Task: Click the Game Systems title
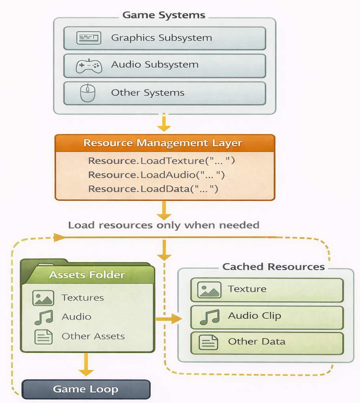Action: (164, 15)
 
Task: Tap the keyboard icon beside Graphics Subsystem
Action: (89, 38)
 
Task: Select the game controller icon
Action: (89, 66)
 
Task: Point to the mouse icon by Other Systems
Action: (88, 93)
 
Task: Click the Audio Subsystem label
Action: (155, 64)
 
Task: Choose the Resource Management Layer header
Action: (163, 143)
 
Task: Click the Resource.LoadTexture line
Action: (161, 161)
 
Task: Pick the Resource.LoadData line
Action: (153, 189)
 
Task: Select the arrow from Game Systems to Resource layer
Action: (164, 122)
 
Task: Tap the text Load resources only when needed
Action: (164, 225)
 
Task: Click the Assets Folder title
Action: (87, 275)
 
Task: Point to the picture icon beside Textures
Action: (43, 298)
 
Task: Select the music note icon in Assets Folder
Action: (44, 317)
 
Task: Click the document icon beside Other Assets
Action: (44, 337)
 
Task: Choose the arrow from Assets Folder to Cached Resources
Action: (169, 319)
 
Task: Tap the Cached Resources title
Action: (273, 267)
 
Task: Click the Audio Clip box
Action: (267, 318)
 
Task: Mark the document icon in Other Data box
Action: (208, 342)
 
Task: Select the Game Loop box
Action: (86, 390)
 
